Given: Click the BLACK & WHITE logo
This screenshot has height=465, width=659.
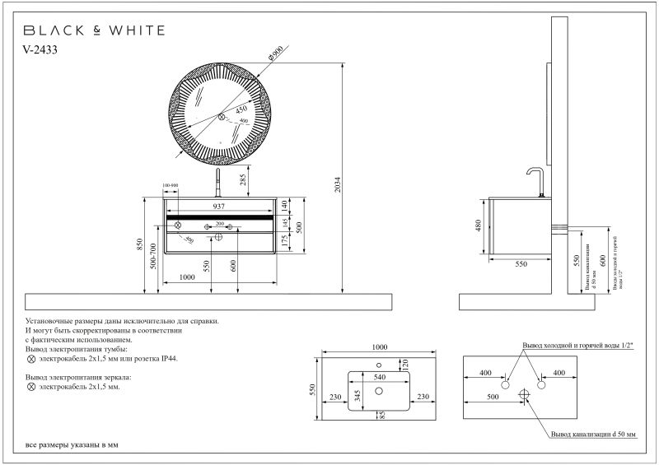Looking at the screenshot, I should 92,30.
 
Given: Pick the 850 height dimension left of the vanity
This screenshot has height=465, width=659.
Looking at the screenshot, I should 141,244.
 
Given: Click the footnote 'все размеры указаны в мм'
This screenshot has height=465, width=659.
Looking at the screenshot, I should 72,444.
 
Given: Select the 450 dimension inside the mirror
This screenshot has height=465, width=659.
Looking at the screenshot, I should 241,108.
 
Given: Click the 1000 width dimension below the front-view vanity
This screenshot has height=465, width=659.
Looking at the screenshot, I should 187,277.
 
